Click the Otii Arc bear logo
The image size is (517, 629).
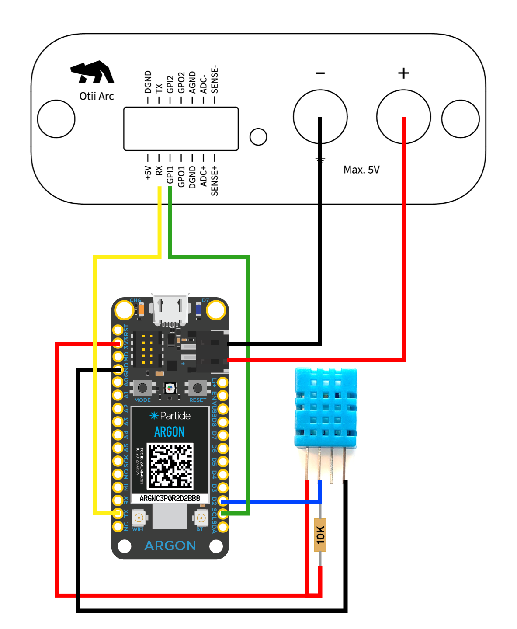93,73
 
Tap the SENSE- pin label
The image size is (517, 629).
215,80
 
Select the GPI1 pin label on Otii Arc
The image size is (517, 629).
170,174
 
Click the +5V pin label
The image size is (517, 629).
148,172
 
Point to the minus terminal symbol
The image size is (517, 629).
320,73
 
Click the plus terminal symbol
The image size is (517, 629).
403,73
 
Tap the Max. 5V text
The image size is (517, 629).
361,170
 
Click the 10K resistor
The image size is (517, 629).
320,535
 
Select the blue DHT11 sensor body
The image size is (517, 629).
326,408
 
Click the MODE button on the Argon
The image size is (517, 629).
142,388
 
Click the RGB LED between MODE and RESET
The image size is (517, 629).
170,388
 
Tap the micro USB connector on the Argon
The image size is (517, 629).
170,309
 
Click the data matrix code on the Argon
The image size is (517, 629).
170,466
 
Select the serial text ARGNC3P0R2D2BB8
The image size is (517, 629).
170,498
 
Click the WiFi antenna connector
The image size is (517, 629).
139,518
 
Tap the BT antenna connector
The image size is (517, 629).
201,518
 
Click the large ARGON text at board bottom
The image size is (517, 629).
170,546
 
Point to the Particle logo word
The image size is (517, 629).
175,416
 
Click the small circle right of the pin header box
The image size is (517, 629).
258,136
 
